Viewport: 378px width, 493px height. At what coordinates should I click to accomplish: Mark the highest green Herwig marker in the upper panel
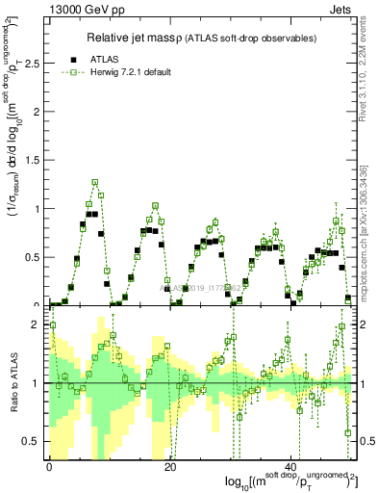tap(95, 181)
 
